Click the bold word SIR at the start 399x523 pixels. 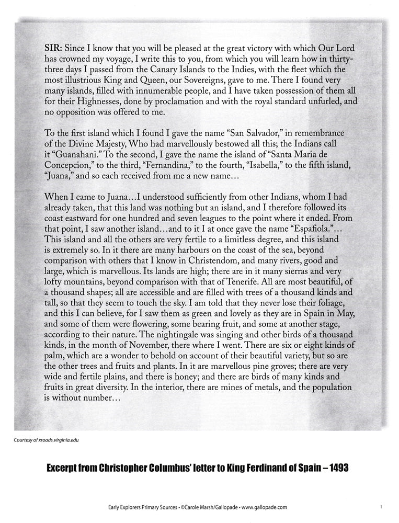click(x=54, y=47)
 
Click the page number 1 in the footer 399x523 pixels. click(x=382, y=507)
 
